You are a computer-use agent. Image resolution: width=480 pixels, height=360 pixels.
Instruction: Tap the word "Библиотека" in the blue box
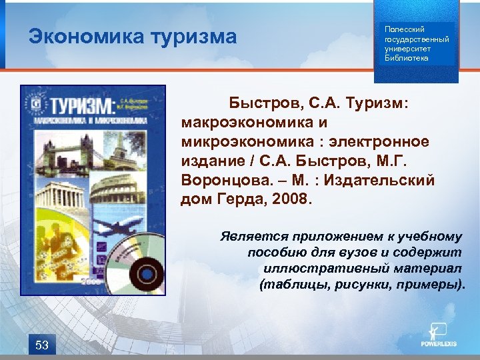coord(407,58)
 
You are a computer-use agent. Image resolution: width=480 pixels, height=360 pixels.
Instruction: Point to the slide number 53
coord(42,345)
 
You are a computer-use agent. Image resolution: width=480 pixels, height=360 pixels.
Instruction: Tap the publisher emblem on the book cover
coord(37,105)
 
